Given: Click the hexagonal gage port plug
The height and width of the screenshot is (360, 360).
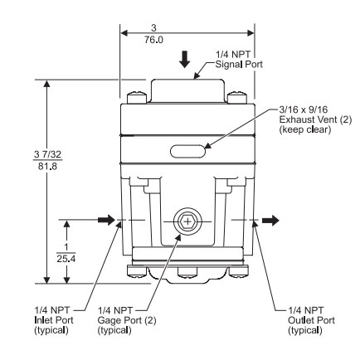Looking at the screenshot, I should pos(185,222).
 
